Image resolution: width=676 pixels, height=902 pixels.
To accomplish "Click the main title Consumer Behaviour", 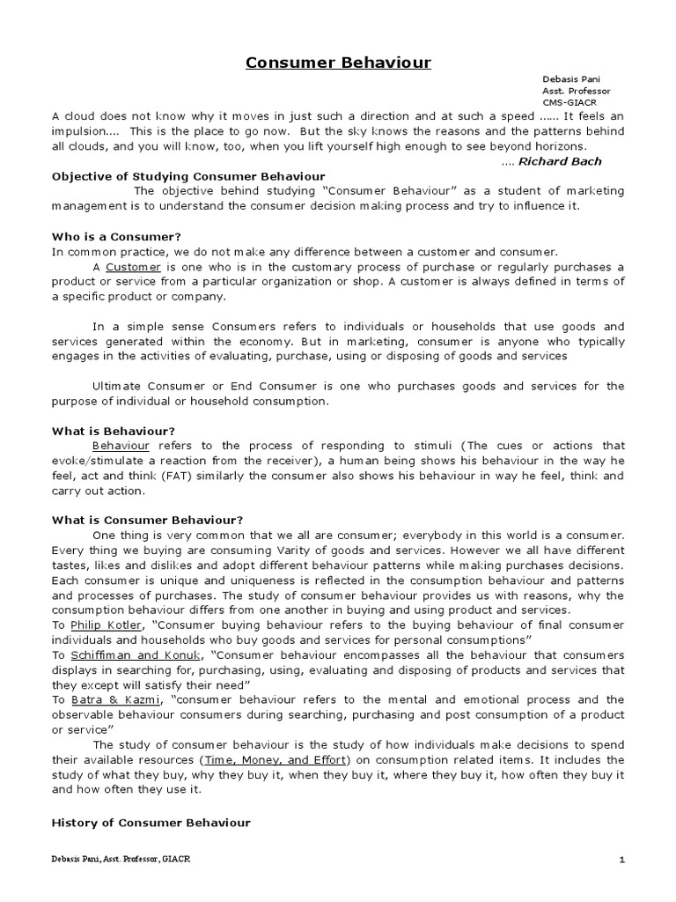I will (x=338, y=63).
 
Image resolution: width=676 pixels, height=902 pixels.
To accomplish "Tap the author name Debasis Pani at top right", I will (x=571, y=79).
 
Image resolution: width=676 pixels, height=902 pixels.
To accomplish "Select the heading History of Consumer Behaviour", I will (x=151, y=822).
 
